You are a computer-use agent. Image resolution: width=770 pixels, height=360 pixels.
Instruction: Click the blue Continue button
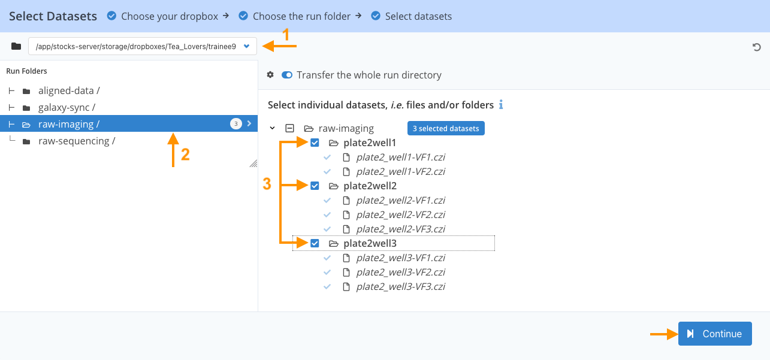pos(715,334)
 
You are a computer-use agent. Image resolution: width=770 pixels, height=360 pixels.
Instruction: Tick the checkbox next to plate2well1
pos(315,143)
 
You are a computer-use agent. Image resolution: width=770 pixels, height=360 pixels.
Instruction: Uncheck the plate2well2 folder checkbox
pos(315,186)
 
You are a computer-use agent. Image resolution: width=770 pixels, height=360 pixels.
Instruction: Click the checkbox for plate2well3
pos(315,243)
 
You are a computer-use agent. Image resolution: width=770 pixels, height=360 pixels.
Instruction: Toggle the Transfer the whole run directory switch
pos(286,75)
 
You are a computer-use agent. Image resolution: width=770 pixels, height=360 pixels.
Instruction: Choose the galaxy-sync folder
pos(67,107)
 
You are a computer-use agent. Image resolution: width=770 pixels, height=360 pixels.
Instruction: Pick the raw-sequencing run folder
pos(77,141)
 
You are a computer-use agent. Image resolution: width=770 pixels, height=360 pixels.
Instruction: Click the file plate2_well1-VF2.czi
pos(400,171)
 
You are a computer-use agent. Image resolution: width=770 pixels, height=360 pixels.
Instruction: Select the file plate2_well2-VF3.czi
pos(400,229)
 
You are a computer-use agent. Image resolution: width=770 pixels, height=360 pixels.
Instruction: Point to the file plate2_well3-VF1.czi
pos(400,258)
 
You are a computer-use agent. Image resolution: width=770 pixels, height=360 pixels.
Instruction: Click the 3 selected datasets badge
pos(446,128)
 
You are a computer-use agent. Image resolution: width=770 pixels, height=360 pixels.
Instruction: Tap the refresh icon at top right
pos(756,47)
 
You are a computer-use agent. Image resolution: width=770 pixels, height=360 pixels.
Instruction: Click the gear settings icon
pos(270,74)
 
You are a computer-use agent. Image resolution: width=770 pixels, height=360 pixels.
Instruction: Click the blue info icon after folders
pos(501,104)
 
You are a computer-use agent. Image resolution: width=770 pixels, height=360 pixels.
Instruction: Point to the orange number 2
pos(185,154)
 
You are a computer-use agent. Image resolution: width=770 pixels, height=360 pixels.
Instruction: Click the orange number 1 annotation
pos(286,35)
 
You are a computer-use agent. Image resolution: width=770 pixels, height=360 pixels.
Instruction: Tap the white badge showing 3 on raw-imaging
pos(236,123)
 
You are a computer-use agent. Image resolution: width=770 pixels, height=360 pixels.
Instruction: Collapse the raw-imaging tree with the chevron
pos(272,128)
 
